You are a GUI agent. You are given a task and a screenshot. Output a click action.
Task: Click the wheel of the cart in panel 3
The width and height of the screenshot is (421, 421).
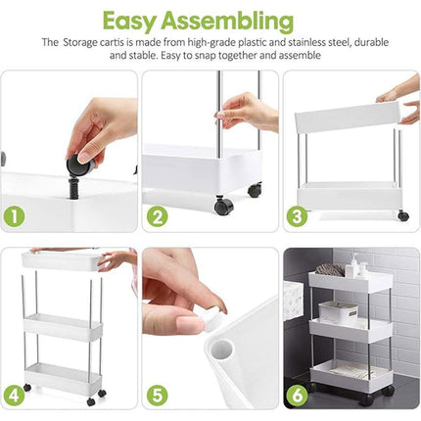coord(402,214)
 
